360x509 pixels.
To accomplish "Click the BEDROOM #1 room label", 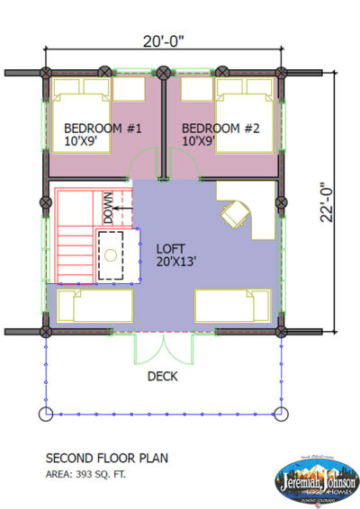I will click(x=94, y=129).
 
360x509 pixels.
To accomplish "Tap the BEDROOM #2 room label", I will click(x=221, y=129).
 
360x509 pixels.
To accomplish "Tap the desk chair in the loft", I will click(x=236, y=214).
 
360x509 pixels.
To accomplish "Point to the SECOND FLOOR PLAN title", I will click(x=107, y=458).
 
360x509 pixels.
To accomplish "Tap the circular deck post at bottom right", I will click(x=281, y=414).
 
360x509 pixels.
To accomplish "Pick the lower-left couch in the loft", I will click(x=90, y=308).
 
